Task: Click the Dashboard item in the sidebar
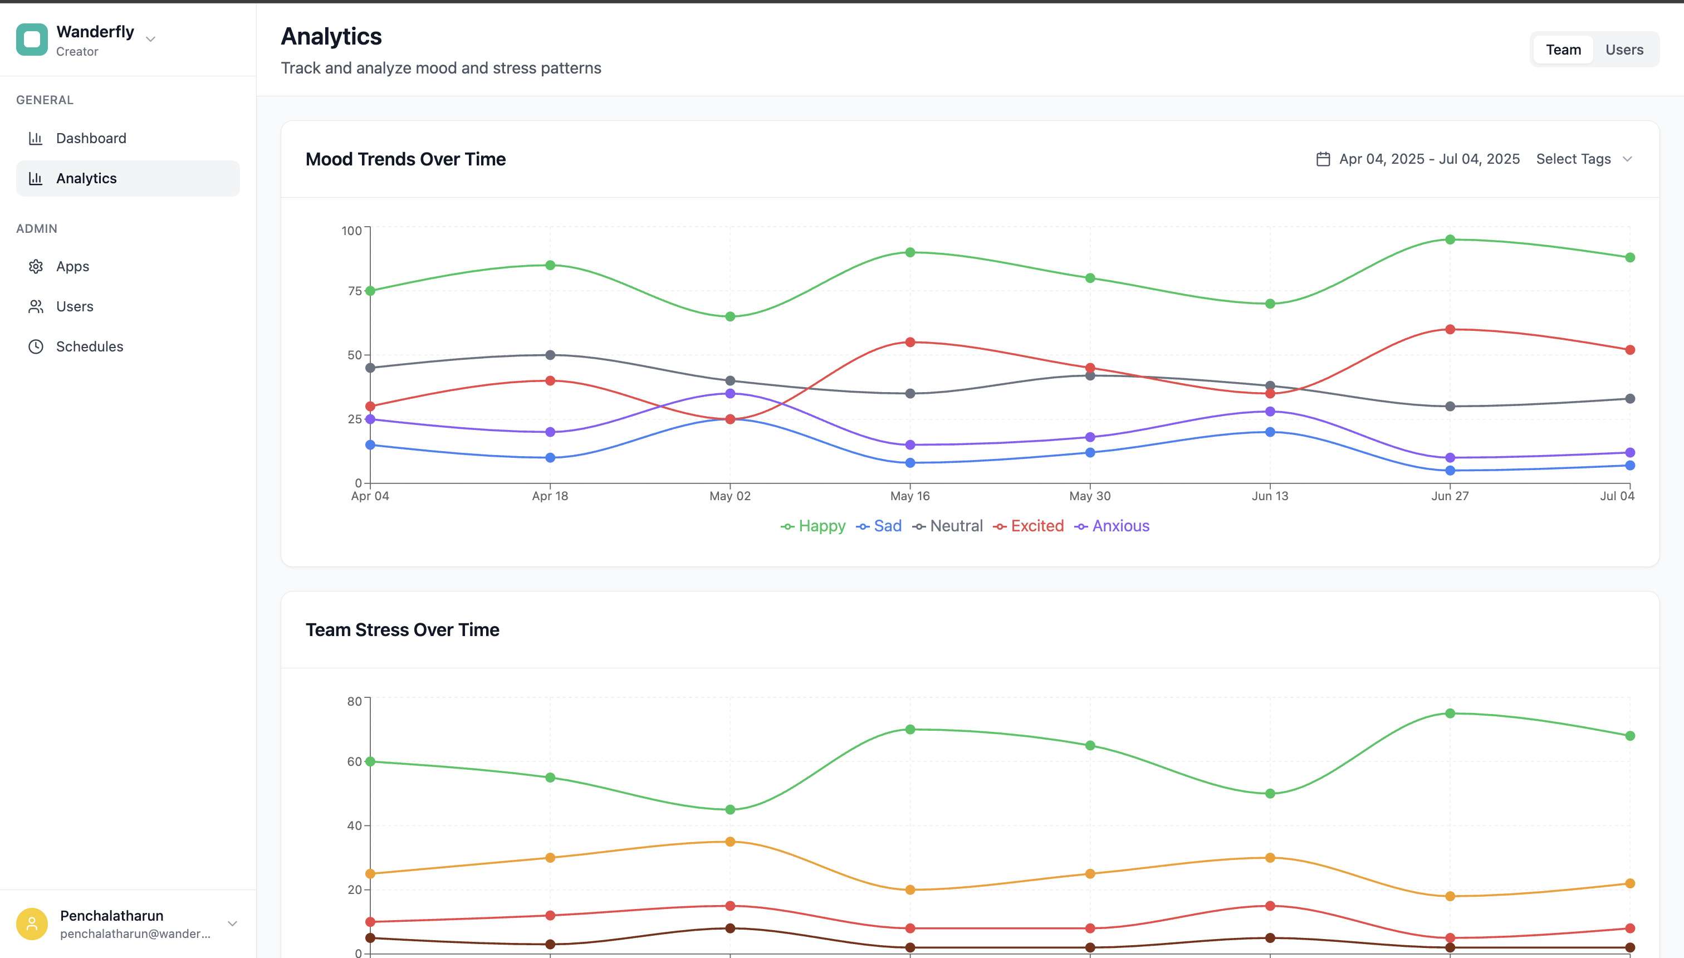point(91,138)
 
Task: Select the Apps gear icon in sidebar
point(36,266)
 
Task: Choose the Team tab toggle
point(1563,50)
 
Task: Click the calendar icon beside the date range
point(1323,159)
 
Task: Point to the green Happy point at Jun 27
point(1450,239)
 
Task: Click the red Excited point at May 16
point(910,342)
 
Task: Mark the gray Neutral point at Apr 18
point(550,355)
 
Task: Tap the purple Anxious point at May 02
point(730,393)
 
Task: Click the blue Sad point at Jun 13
point(1270,432)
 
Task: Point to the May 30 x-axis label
point(1089,496)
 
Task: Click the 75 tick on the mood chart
point(355,291)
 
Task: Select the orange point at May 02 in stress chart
point(730,842)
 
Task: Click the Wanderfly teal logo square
point(32,40)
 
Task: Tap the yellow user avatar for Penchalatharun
point(32,924)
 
